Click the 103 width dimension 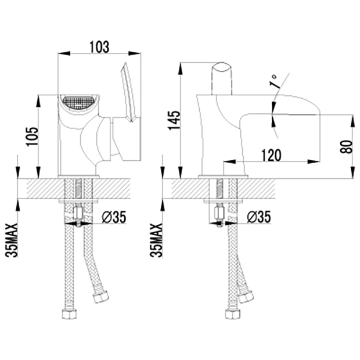pos(99,47)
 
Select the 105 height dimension pos(32,136)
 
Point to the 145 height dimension pos(175,120)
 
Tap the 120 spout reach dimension pos(271,155)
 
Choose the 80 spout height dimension pos(346,147)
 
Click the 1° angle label pos(275,81)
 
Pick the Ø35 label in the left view pos(114,217)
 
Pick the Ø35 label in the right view pos(259,217)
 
